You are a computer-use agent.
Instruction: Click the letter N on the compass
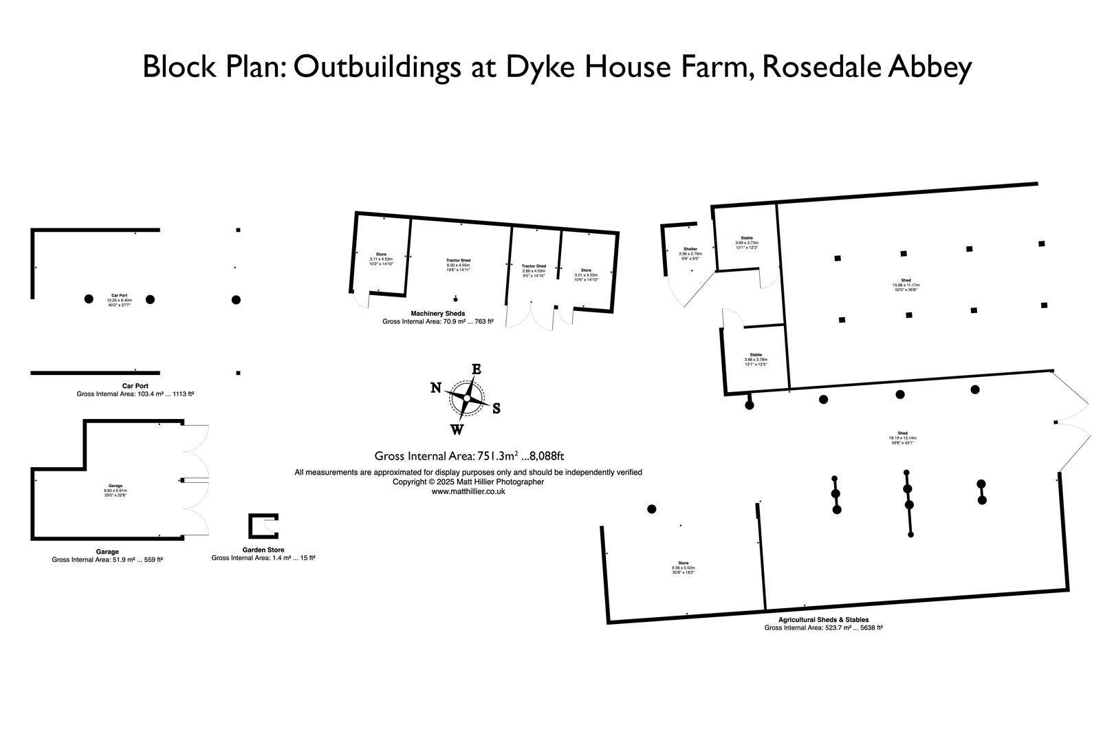click(435, 387)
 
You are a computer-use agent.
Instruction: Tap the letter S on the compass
click(496, 409)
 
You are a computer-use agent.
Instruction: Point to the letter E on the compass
click(475, 369)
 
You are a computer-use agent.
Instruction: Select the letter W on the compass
click(457, 430)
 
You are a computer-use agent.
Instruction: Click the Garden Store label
click(263, 550)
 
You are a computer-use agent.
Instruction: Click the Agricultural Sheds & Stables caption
click(823, 619)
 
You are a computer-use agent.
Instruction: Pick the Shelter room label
click(690, 249)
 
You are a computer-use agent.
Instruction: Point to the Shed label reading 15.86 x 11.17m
click(906, 281)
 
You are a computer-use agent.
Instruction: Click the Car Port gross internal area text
click(135, 394)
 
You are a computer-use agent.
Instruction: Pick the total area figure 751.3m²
click(497, 456)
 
